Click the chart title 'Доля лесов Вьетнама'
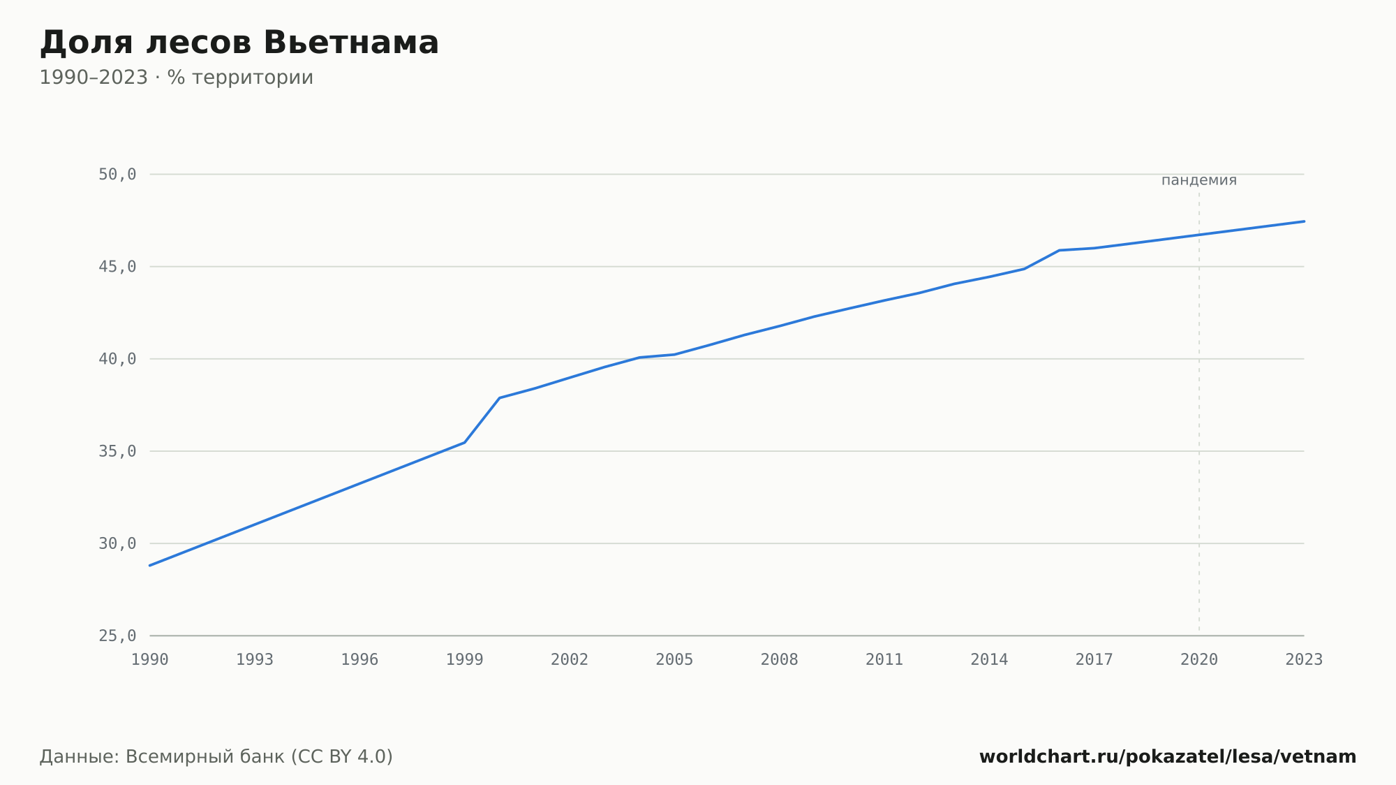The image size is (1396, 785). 239,43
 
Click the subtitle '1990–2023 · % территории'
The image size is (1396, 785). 177,78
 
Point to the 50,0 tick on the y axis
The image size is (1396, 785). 117,175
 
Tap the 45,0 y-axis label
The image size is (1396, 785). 117,267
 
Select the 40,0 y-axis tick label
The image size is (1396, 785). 117,359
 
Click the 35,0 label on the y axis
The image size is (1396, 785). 117,451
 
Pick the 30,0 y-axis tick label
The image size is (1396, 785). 117,543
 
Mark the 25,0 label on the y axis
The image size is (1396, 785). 117,636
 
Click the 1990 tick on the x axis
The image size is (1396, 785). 150,659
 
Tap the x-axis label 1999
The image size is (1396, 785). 465,659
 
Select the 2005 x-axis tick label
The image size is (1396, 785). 675,659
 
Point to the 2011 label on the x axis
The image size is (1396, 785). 884,659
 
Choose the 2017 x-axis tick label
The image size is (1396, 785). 1094,659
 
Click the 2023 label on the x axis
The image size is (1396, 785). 1304,659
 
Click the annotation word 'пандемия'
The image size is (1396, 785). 1199,180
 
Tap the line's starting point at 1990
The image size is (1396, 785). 150,565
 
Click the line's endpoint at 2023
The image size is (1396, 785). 1304,221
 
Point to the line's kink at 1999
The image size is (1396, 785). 465,442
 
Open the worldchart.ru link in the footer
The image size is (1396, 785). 1168,756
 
